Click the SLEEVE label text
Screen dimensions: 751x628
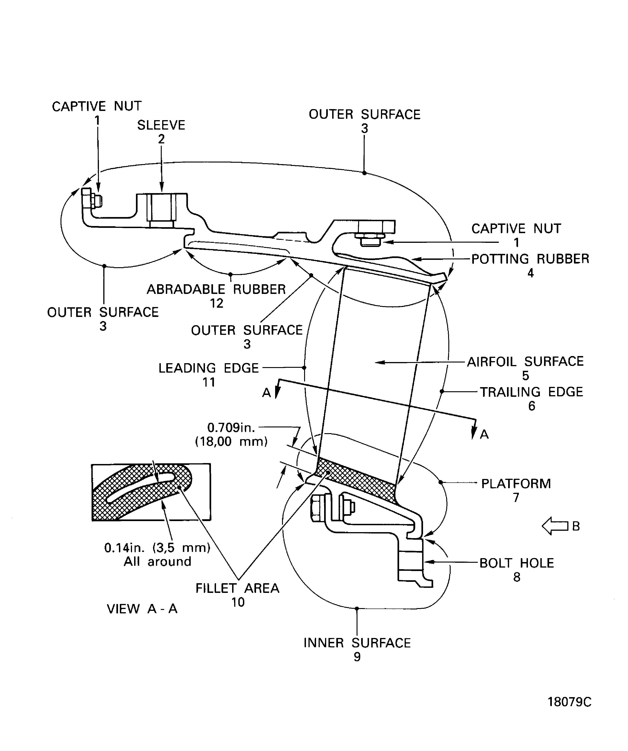pos(161,125)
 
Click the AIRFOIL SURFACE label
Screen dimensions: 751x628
pos(525,362)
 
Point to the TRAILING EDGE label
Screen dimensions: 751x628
pos(531,392)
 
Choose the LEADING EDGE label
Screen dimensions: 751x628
pos(208,368)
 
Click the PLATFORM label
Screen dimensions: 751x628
pos(516,484)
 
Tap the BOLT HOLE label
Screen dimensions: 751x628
pos(516,563)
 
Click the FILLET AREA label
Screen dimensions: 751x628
pos(237,588)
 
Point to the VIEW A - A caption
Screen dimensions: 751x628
pos(142,609)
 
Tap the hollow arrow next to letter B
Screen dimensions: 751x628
pos(555,526)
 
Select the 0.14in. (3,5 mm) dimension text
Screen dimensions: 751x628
pos(157,548)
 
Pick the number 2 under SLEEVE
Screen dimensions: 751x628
pos(161,139)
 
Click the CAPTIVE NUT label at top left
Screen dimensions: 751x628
pos(97,106)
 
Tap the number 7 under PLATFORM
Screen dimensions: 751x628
pos(516,497)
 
